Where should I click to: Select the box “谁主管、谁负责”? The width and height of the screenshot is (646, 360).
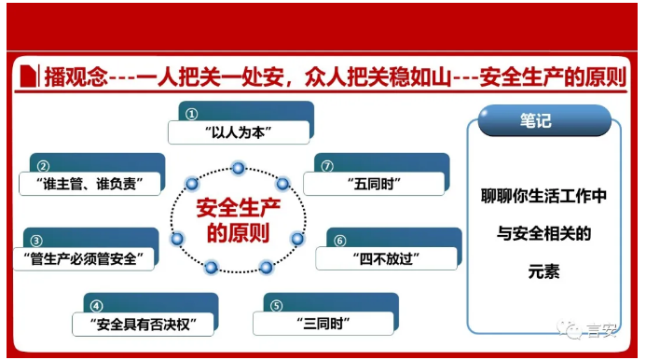pos(89,182)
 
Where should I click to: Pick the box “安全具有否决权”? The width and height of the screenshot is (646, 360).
pos(143,324)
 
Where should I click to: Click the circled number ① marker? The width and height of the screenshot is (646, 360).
pos(191,113)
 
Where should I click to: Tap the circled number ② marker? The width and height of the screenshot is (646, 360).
pos(43,164)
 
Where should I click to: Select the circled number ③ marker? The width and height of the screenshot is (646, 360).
pos(36,240)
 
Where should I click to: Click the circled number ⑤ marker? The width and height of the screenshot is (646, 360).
pos(276,306)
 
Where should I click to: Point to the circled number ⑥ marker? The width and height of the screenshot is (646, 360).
pos(339,240)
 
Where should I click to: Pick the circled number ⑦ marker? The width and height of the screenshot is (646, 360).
pos(327,165)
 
